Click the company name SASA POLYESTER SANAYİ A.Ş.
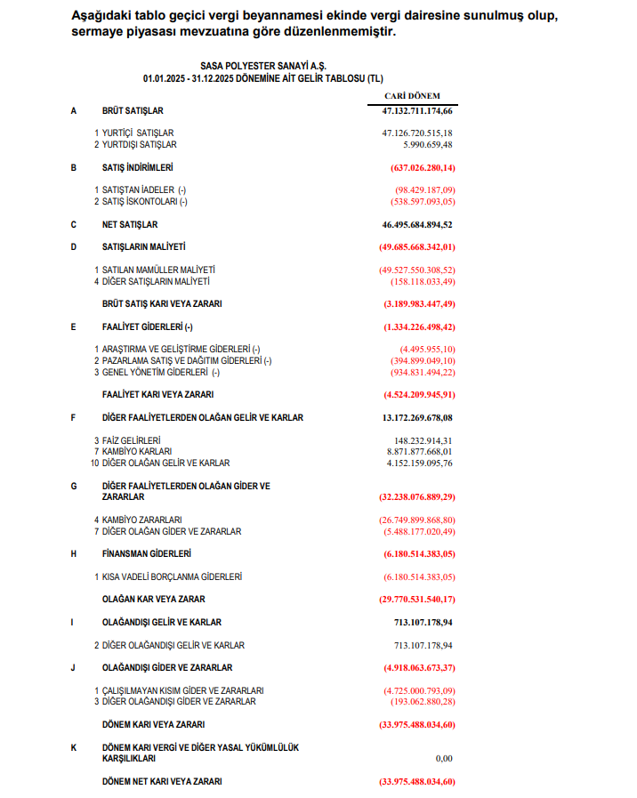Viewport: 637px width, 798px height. click(262, 66)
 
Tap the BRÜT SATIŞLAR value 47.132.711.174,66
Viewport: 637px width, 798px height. click(412, 111)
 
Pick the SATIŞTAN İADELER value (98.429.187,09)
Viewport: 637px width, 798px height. click(424, 190)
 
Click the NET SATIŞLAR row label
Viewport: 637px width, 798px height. click(130, 225)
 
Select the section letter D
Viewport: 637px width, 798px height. click(74, 246)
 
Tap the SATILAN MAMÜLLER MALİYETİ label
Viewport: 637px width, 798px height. click(158, 270)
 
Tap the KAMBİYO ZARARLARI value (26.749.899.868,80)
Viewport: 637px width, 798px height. click(416, 520)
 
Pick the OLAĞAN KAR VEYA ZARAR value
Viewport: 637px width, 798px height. click(415, 600)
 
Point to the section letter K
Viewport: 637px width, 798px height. click(74, 748)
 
